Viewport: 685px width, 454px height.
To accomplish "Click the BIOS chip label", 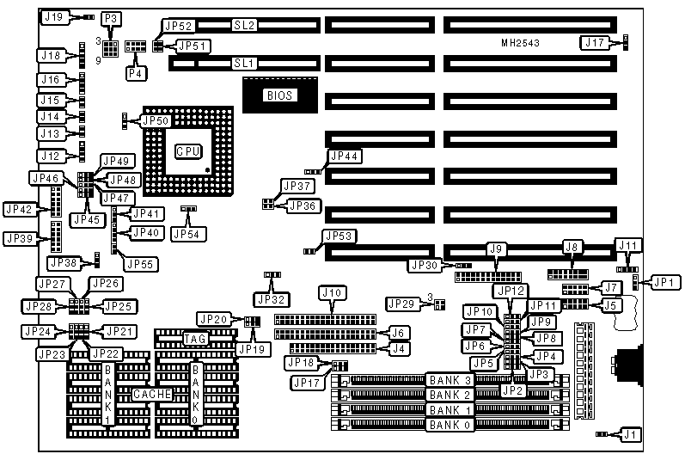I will pyautogui.click(x=280, y=96).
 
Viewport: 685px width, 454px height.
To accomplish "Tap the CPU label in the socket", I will pyautogui.click(x=187, y=151).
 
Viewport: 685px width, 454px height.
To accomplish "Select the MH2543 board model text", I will pyautogui.click(x=521, y=43).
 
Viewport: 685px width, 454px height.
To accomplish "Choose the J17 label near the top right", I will pyautogui.click(x=595, y=41).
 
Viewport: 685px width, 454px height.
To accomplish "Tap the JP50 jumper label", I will pyautogui.click(x=155, y=121).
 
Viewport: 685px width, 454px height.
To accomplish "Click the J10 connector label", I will pyautogui.click(x=332, y=293).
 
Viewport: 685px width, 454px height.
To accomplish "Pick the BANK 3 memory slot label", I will pyautogui.click(x=451, y=380).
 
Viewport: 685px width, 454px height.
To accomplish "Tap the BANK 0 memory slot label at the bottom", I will pyautogui.click(x=451, y=425).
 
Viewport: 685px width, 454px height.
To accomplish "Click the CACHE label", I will pyautogui.click(x=152, y=394).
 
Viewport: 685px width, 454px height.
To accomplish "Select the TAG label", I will pyautogui.click(x=194, y=339).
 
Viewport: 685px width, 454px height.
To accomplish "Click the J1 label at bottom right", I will pyautogui.click(x=631, y=434).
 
